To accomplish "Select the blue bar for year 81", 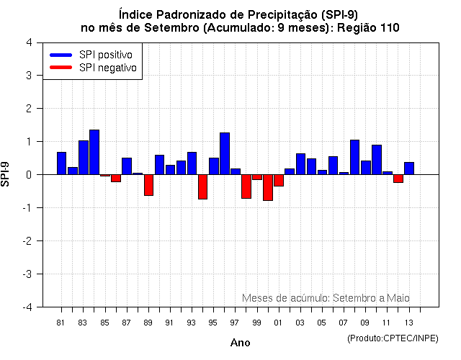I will (61, 163).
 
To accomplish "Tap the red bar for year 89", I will (148, 185).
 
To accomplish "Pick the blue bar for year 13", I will (409, 168).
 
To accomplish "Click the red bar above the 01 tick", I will (279, 181).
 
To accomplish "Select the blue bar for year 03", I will (300, 164).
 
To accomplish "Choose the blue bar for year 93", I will (192, 163).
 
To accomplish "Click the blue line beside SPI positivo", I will (61, 55).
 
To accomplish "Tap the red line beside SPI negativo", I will (61, 68).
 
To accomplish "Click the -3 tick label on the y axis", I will (27, 274).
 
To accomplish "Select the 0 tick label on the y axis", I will (28, 175).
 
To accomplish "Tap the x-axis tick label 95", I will (213, 322).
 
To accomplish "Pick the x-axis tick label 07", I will (344, 322).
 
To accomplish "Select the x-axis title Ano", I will (241, 343).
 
